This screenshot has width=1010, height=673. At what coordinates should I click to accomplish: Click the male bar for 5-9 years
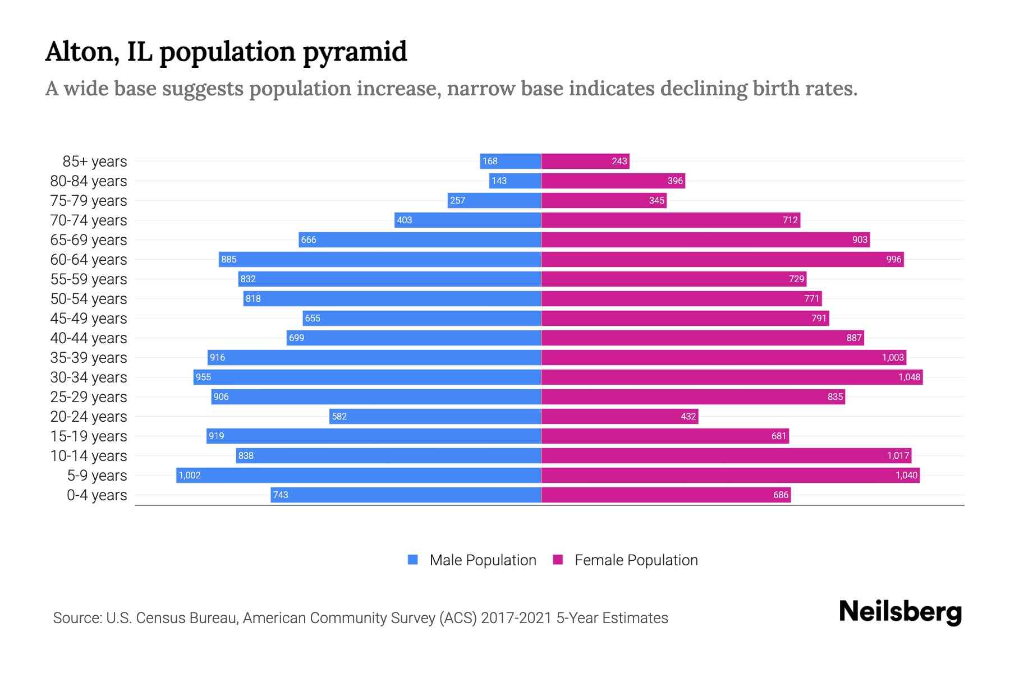(x=359, y=475)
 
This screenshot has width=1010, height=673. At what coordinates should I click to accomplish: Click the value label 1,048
(x=909, y=377)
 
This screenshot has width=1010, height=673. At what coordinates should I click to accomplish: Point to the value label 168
(x=490, y=161)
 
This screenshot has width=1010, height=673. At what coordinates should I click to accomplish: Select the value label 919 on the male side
(x=216, y=436)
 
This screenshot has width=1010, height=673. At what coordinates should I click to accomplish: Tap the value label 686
(x=781, y=495)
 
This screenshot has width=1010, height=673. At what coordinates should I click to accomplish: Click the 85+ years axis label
(x=95, y=162)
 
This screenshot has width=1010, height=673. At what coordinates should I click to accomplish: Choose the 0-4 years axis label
(x=97, y=495)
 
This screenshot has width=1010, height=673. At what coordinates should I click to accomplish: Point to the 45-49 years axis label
(x=89, y=319)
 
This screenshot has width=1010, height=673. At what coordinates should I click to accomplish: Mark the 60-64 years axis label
(x=89, y=260)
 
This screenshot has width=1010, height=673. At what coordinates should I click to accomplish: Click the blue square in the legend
(x=413, y=560)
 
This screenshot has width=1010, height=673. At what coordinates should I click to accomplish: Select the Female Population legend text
(x=636, y=560)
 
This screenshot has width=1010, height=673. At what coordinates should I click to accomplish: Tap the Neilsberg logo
(x=900, y=612)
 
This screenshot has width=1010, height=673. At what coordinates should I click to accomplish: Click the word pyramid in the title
(x=355, y=52)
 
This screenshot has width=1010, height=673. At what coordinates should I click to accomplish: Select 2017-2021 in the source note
(x=516, y=618)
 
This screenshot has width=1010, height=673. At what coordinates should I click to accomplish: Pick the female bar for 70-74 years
(x=671, y=220)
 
